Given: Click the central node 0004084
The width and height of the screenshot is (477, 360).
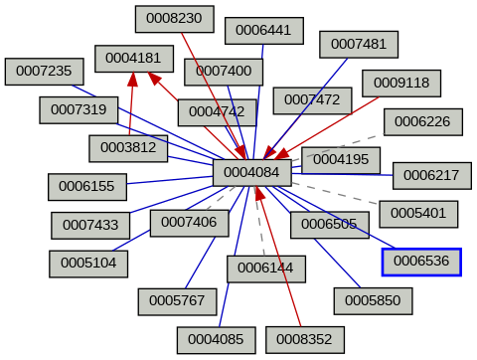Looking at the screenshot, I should [x=251, y=173].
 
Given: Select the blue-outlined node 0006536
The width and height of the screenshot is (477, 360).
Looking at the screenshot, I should [x=421, y=262].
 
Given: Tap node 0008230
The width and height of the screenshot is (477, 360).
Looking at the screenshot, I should [x=174, y=18].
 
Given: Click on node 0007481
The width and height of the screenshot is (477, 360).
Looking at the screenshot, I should [x=358, y=44].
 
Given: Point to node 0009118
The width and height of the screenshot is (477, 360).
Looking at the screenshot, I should [x=400, y=83].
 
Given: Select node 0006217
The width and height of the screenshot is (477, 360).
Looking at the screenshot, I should [x=431, y=175].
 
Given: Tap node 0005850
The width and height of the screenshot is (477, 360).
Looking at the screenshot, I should [x=373, y=298].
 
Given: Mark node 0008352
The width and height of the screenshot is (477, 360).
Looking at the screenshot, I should [x=304, y=339].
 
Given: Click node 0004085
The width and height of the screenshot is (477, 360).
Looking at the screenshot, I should [x=216, y=339].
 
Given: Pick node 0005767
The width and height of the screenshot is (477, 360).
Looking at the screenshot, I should [x=177, y=298].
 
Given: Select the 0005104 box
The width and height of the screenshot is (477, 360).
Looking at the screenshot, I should [x=88, y=264].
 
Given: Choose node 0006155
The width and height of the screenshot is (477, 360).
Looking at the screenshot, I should [x=86, y=185].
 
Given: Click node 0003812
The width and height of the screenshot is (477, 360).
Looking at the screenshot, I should [x=128, y=148].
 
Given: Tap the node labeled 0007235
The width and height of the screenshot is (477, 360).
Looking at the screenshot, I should [x=44, y=71].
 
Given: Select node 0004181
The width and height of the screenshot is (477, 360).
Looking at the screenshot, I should [x=133, y=58].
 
